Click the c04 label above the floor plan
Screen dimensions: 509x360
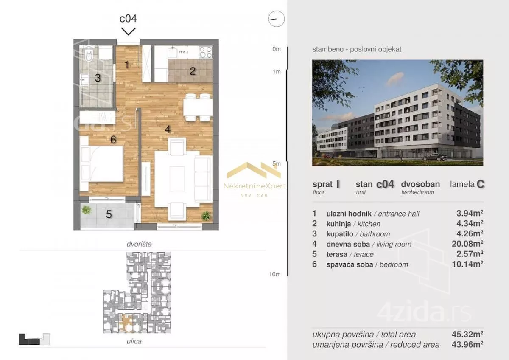pos(128,18)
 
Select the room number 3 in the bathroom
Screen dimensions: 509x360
pos(98,78)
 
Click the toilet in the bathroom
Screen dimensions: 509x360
pos(89,55)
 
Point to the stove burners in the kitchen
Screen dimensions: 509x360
pos(205,52)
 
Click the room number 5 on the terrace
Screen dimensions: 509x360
pos(109,214)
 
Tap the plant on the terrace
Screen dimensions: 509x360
pos(86,210)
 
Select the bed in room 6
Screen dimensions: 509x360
pos(101,164)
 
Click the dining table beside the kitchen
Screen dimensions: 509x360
pos(198,107)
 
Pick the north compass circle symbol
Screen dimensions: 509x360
pos(276,19)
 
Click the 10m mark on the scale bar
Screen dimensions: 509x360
pos(275,274)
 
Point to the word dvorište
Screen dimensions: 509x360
pos(139,244)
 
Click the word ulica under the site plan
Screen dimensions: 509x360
pos(134,341)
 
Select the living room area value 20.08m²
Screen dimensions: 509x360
pos(467,244)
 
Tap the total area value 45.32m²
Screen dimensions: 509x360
pos(467,334)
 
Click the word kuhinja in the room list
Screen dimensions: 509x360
pos(338,224)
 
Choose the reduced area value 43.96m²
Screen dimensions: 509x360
pos(467,345)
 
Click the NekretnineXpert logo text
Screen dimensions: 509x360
pos(254,186)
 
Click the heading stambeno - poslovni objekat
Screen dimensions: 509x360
pos(357,49)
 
